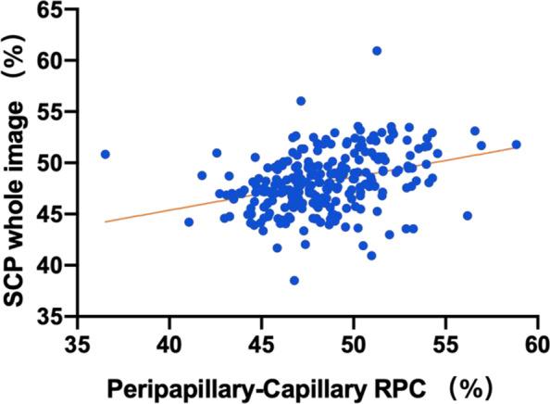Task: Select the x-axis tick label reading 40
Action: point(169,344)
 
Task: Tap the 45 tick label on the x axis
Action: point(261,344)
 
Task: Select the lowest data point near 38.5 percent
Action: point(294,281)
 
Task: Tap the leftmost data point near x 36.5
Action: point(106,154)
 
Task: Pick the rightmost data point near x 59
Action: point(517,145)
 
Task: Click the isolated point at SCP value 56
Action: point(301,101)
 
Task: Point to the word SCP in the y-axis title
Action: point(19,265)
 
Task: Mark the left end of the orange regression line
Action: point(106,221)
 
